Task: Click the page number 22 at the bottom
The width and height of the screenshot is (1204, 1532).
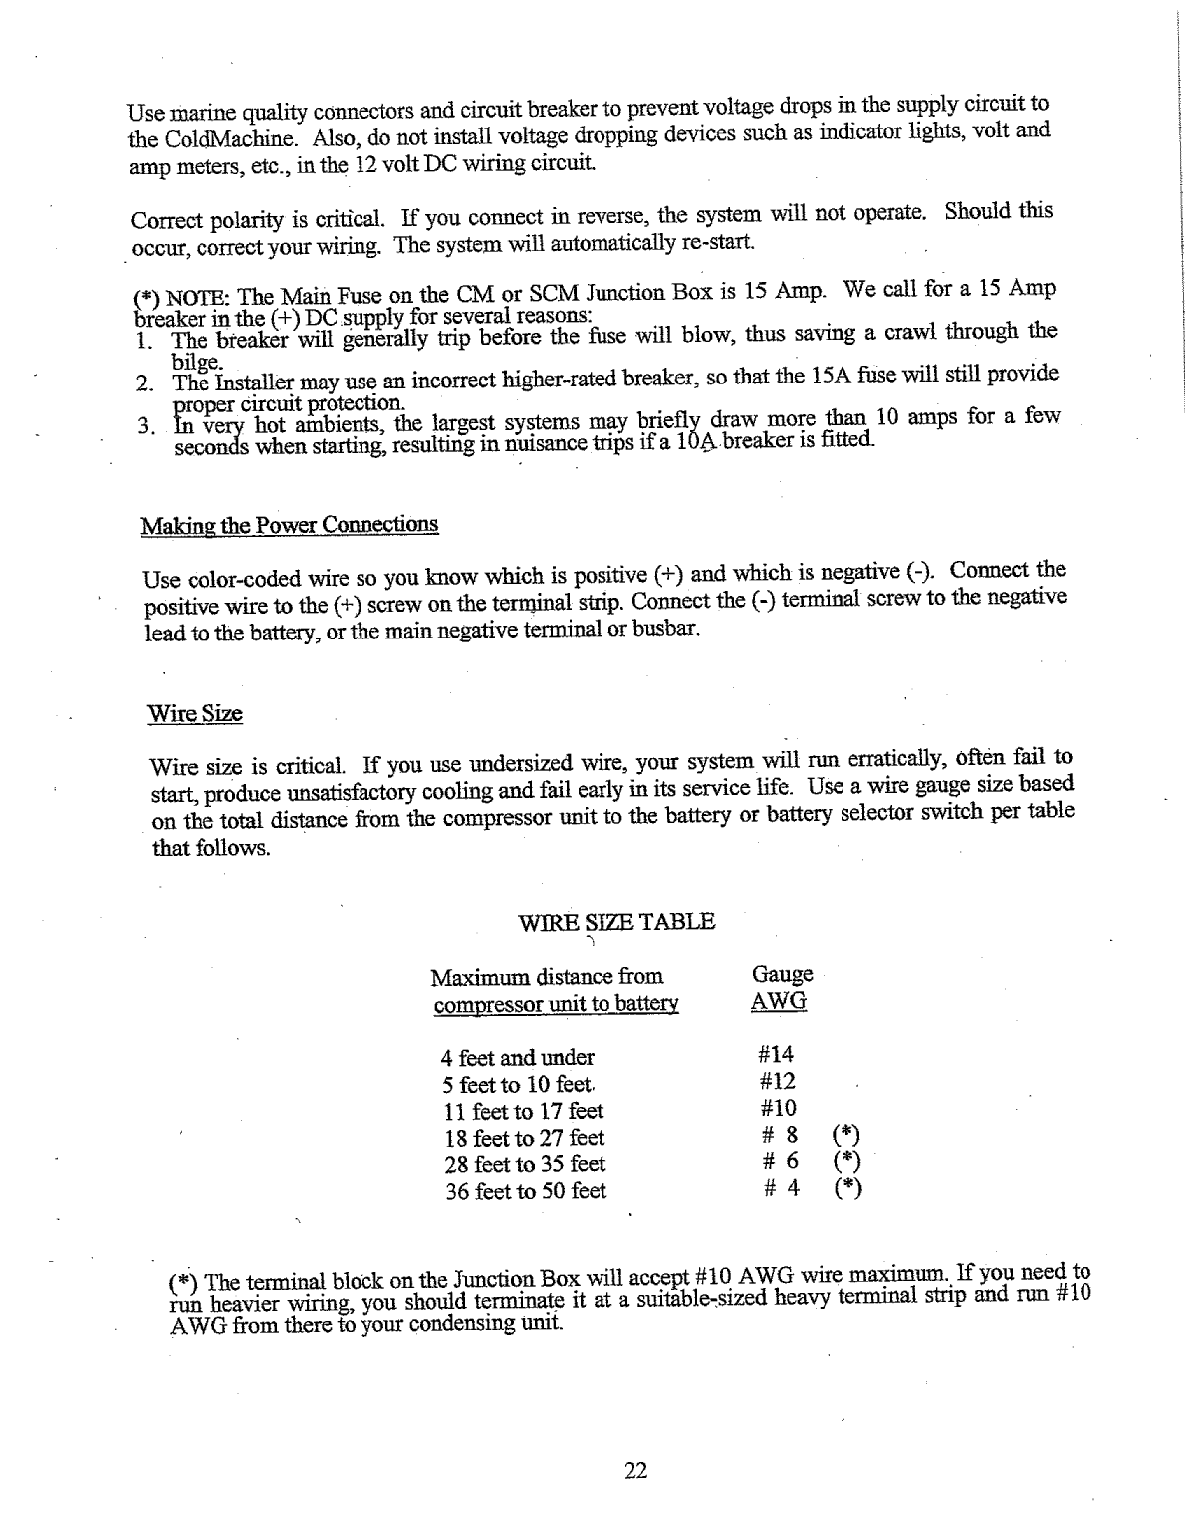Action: pos(636,1470)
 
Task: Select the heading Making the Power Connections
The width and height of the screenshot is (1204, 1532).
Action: pos(290,525)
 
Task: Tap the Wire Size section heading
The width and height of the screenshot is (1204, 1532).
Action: pos(195,714)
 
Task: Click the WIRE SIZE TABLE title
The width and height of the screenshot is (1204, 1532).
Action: pos(617,921)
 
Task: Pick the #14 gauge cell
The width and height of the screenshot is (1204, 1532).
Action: pos(776,1054)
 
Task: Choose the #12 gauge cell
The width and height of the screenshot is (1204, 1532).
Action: pos(777,1081)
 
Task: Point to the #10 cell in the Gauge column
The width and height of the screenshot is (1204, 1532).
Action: pos(777,1108)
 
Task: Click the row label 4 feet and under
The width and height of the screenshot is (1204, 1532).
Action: pos(517,1058)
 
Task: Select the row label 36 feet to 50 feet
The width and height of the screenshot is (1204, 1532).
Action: pos(525,1191)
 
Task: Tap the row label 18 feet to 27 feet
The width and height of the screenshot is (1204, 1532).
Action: pos(524,1138)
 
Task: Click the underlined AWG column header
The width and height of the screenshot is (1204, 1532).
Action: pos(778,1001)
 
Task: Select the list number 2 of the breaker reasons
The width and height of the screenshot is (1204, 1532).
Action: pos(141,383)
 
